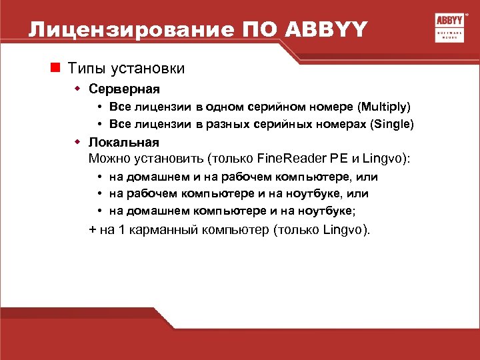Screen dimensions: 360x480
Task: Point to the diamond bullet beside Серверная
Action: click(x=77, y=89)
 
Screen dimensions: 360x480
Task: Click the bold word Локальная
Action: click(x=124, y=142)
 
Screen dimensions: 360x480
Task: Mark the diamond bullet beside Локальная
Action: click(x=77, y=142)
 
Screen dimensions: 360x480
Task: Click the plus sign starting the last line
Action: click(x=92, y=230)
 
